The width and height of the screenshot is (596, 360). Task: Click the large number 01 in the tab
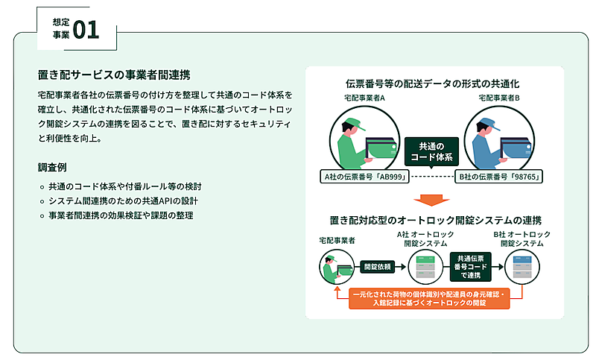[86, 29]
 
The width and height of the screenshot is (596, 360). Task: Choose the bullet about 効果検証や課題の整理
[120, 215]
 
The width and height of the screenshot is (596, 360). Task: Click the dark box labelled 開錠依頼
[378, 265]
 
